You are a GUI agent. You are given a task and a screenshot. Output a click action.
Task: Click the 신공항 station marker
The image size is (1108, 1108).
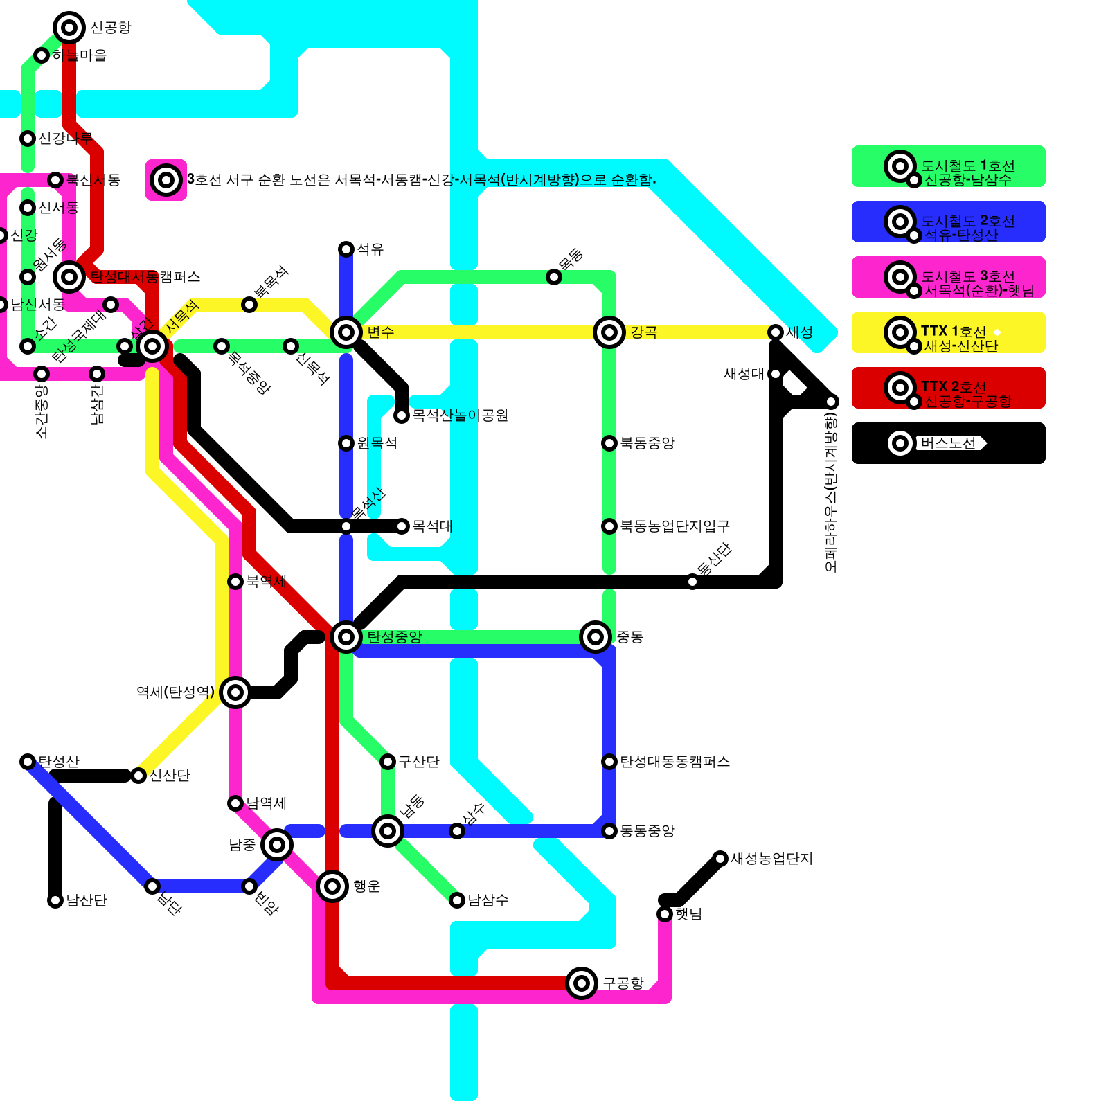click(69, 28)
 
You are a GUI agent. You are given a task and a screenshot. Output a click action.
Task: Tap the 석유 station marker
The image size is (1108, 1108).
click(346, 249)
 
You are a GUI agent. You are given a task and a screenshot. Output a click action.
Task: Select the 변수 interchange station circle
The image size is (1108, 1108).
click(346, 332)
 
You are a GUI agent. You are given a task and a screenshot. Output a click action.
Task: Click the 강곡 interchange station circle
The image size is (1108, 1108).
click(609, 332)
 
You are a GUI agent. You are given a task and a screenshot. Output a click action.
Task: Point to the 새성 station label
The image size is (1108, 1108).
click(800, 332)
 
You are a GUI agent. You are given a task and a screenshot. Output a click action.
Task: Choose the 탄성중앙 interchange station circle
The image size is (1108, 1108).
click(346, 637)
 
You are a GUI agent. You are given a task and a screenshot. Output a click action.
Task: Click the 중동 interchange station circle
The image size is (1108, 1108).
click(596, 637)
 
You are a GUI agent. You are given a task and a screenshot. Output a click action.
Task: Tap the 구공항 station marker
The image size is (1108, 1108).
click(582, 983)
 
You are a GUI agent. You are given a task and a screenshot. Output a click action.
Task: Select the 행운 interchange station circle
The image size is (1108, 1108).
click(332, 886)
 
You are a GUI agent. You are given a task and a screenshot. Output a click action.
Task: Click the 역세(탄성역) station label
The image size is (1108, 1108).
click(175, 692)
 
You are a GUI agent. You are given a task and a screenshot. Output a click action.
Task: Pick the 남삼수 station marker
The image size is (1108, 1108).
click(457, 900)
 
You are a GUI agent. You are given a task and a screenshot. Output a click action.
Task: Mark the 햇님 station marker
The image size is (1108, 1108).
click(665, 914)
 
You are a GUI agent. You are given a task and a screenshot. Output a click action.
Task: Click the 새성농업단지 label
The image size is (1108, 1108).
click(771, 859)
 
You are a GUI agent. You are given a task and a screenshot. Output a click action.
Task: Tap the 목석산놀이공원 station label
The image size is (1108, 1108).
click(461, 415)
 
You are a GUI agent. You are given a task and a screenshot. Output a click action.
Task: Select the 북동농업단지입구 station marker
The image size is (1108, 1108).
click(609, 526)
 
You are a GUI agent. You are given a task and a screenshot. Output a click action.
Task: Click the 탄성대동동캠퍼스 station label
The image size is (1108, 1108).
click(675, 762)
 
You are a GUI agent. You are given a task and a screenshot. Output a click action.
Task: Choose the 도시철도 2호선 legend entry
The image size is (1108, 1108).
click(949, 222)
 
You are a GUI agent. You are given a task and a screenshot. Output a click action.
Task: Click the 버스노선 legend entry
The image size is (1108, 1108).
click(949, 443)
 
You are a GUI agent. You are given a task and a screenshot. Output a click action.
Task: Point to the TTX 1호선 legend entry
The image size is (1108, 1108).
click(949, 332)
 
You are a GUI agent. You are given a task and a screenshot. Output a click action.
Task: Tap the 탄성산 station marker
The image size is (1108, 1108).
click(28, 762)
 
